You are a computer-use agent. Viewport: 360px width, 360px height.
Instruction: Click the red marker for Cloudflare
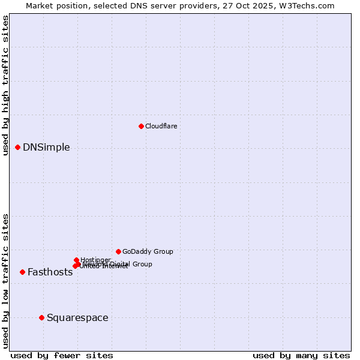pos(141,126)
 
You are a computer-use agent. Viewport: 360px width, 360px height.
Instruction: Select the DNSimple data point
pos(17,147)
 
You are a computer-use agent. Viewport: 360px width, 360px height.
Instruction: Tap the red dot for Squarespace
pos(41,317)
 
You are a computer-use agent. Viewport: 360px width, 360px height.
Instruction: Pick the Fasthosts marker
pos(22,272)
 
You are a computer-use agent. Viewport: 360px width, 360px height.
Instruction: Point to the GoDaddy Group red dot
pos(118,251)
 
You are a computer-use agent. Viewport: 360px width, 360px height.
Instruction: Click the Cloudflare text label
pos(161,126)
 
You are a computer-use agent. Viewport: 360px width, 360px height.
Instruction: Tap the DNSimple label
pos(46,148)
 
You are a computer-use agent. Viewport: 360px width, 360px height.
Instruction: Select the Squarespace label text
pos(77,318)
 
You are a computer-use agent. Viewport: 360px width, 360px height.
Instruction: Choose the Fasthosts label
pos(50,272)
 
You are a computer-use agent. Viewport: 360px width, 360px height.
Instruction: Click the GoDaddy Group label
pos(148,252)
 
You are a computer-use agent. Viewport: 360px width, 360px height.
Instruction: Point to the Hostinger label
pos(95,260)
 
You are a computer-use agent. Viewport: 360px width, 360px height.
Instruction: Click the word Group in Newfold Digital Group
pos(142,264)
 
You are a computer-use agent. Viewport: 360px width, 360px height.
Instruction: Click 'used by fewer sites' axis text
pos(62,356)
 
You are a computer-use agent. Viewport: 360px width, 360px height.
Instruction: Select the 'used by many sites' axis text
pos(301,356)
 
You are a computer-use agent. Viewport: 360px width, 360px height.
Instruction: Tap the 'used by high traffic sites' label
pos(5,85)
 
